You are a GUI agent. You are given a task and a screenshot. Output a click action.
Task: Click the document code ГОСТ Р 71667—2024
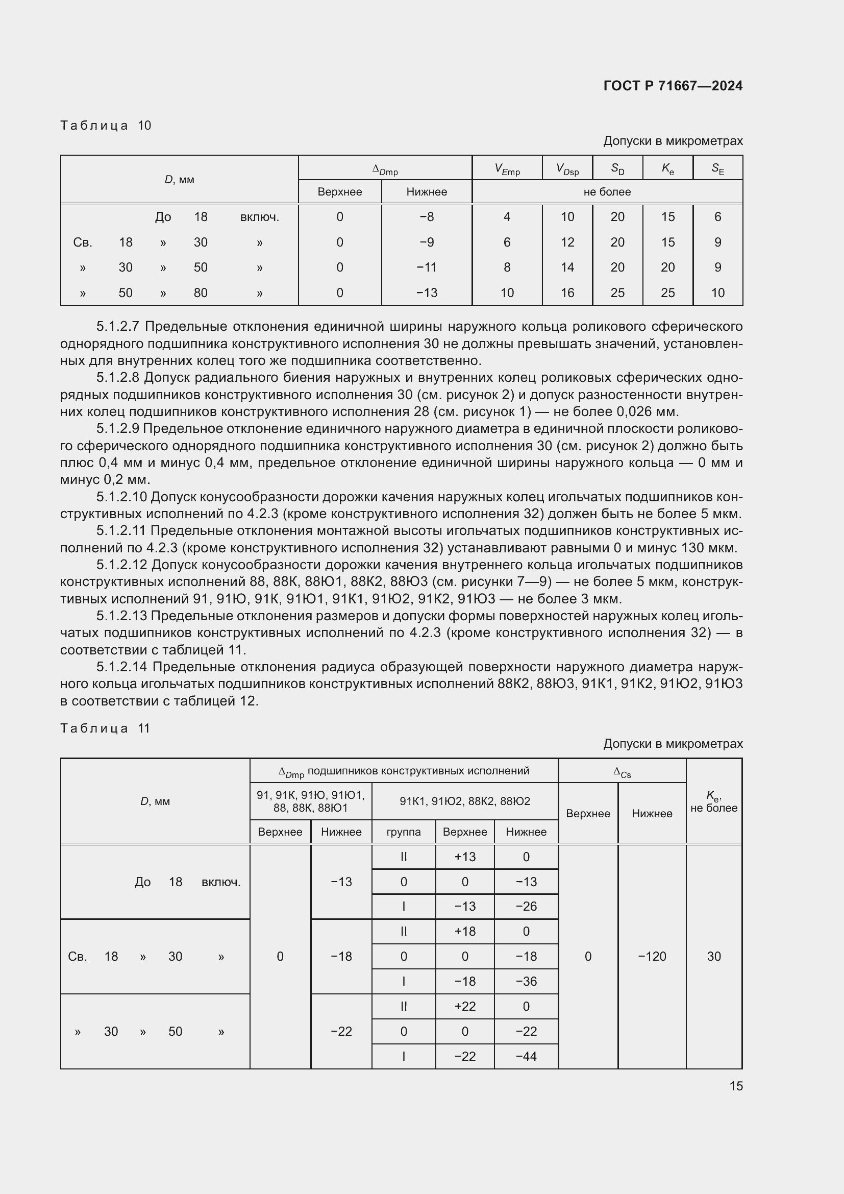[673, 86]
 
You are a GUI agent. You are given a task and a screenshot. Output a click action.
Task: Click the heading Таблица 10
[106, 126]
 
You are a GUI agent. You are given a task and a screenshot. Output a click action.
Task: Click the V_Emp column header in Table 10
[507, 168]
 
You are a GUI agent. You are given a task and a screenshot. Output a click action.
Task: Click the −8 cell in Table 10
[426, 217]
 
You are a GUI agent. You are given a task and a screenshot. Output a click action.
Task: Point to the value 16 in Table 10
[567, 293]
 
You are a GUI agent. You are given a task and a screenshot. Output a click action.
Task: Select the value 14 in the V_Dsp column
[567, 267]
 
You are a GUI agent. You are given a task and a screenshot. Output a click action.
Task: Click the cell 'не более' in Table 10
[607, 192]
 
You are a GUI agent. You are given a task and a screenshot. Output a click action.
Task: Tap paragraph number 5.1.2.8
[117, 378]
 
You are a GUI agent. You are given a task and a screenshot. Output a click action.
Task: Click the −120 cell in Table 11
[652, 956]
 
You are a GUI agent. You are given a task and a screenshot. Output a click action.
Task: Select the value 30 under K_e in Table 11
[713, 956]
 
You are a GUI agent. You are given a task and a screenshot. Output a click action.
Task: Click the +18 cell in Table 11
[465, 932]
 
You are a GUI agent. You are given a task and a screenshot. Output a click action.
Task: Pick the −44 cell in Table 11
[526, 1056]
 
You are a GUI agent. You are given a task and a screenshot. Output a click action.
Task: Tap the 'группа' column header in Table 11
[403, 832]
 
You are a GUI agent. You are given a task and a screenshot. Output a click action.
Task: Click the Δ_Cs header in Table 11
[622, 772]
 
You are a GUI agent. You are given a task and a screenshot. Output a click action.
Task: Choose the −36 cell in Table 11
[526, 981]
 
